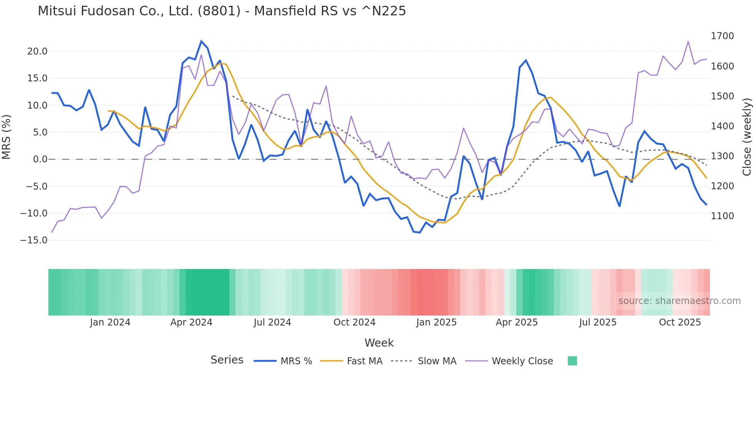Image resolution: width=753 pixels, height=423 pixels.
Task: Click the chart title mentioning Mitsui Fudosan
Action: pos(222,11)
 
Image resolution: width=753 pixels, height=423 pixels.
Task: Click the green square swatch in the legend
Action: pos(572,361)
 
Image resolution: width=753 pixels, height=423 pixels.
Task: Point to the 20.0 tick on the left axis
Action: pos(37,51)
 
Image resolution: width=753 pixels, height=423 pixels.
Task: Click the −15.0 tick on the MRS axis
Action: pos(34,240)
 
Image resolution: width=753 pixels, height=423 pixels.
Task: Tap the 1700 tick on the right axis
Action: pos(722,36)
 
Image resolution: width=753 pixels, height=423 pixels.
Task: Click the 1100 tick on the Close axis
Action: pos(722,216)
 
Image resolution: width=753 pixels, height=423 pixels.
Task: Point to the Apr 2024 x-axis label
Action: pos(191,322)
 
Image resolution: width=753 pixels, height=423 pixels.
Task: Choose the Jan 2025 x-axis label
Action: pos(436,322)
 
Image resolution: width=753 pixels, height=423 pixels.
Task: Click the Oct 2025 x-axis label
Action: pos(680,322)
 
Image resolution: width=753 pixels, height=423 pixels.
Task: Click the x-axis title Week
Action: pos(379,343)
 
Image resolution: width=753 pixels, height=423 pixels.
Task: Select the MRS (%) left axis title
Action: pos(6,137)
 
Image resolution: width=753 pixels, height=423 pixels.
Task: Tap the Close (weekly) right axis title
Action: pos(746,137)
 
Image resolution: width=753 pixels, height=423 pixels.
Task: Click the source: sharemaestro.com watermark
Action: pos(679,301)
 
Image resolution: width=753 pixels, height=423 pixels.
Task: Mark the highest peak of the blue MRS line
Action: pos(201,41)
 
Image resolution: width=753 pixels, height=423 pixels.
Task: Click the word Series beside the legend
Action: pos(227,360)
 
